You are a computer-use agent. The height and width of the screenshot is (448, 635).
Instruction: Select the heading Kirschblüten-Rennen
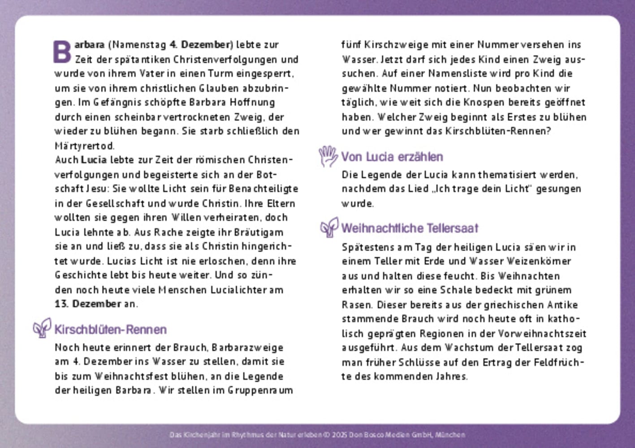pyautogui.click(x=110, y=330)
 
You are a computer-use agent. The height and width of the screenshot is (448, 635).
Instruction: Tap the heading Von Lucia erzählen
pyautogui.click(x=392, y=157)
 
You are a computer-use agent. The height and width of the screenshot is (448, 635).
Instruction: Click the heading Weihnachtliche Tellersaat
pyautogui.click(x=410, y=228)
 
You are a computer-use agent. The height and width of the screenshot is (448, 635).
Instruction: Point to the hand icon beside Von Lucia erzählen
pyautogui.click(x=328, y=156)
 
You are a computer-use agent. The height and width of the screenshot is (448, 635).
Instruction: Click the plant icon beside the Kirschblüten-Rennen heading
pyautogui.click(x=42, y=328)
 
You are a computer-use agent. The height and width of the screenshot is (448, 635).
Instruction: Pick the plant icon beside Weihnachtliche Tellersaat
pyautogui.click(x=329, y=227)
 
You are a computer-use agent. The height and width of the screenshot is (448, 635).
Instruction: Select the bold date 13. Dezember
pyautogui.click(x=88, y=304)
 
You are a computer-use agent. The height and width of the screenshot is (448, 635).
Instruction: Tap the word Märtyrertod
pyautogui.click(x=84, y=146)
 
